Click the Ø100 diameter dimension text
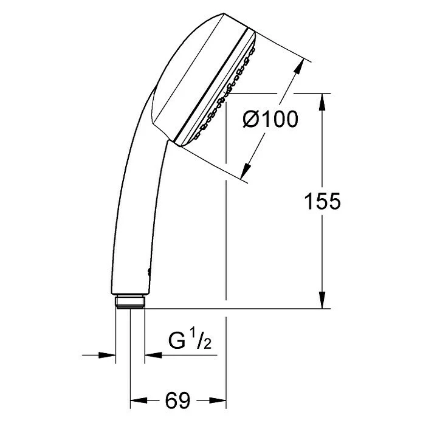point(270,120)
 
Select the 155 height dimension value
point(322,201)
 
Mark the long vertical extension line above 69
point(226,243)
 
